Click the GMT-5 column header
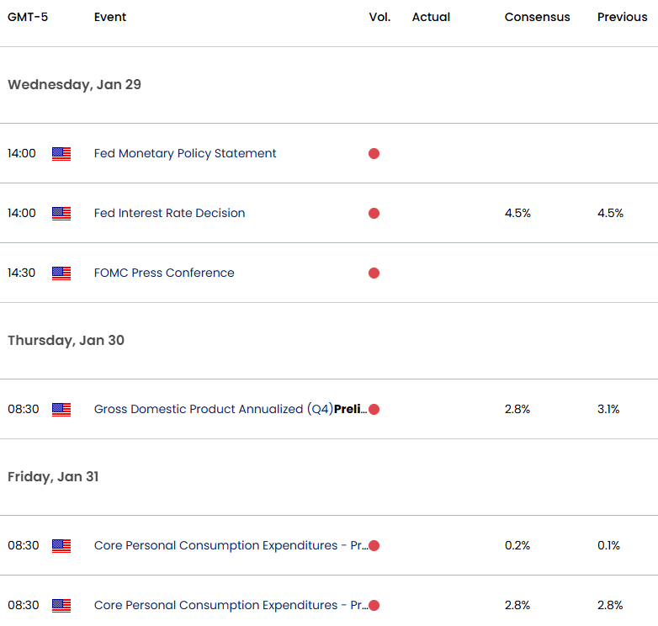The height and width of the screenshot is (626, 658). [x=28, y=17]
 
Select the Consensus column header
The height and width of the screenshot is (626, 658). [x=537, y=17]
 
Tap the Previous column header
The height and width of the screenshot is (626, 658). [x=623, y=17]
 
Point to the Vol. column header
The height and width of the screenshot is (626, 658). [x=379, y=17]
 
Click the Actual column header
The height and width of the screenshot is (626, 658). [x=431, y=17]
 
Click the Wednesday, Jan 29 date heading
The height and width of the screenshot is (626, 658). [x=74, y=85]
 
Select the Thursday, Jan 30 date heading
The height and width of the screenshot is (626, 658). [x=66, y=340]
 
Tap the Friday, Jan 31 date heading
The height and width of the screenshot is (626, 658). [x=53, y=476]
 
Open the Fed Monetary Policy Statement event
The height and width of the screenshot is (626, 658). [x=185, y=154]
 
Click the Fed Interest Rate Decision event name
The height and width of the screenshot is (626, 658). [x=169, y=213]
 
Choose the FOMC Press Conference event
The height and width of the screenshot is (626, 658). [x=164, y=273]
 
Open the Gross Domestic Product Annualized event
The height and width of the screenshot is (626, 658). [x=231, y=409]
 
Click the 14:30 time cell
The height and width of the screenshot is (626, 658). [x=21, y=273]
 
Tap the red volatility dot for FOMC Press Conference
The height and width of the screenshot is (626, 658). [x=374, y=273]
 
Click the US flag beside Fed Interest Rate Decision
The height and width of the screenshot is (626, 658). [x=61, y=214]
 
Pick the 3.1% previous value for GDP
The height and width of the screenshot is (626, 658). [x=608, y=409]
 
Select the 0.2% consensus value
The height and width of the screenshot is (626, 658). [x=517, y=545]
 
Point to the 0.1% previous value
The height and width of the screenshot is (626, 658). [x=608, y=545]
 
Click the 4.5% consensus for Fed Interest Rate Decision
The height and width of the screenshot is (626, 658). [x=517, y=213]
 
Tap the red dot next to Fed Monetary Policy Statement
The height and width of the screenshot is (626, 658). [x=374, y=154]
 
